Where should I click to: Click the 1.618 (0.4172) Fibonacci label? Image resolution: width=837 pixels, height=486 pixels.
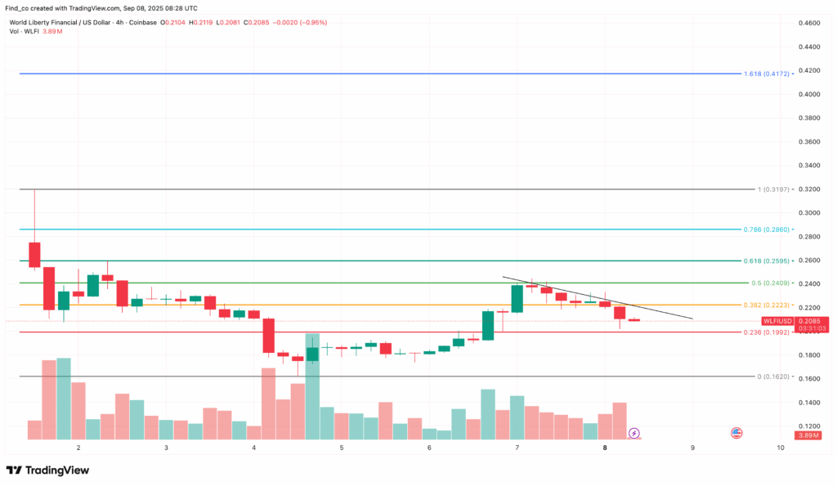[767, 74]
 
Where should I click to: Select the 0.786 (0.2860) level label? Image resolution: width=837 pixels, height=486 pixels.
[768, 230]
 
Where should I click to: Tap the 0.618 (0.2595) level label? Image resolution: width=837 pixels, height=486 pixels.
[768, 261]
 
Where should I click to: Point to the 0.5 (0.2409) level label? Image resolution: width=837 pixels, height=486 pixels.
[770, 283]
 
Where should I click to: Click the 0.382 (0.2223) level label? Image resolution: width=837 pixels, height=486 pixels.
[768, 305]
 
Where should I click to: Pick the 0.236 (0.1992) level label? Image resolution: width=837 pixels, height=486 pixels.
[768, 332]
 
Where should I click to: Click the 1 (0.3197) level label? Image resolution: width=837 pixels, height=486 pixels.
[772, 189]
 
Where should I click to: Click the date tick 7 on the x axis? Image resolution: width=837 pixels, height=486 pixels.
[517, 448]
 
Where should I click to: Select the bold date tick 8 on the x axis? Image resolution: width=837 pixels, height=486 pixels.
[605, 448]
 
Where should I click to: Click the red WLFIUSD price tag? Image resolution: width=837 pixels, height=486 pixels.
[777, 321]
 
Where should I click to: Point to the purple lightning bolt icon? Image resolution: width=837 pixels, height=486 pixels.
[634, 432]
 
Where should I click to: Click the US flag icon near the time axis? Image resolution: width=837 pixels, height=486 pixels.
[736, 432]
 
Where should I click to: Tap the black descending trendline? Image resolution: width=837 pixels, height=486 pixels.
[597, 298]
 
